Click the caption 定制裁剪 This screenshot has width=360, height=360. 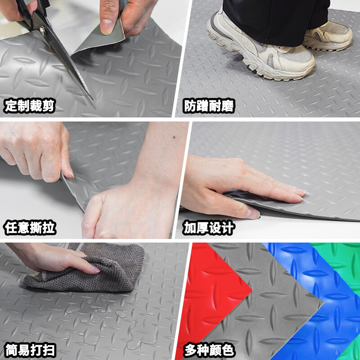tap(30, 106)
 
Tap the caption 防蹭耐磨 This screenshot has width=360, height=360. tap(209, 106)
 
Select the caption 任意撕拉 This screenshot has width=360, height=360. tap(30, 228)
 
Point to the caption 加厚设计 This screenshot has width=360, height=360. tap(209, 228)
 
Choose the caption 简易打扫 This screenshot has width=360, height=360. tap(30, 349)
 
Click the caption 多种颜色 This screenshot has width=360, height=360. tap(209, 349)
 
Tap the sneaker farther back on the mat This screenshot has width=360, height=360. tap(328, 36)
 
